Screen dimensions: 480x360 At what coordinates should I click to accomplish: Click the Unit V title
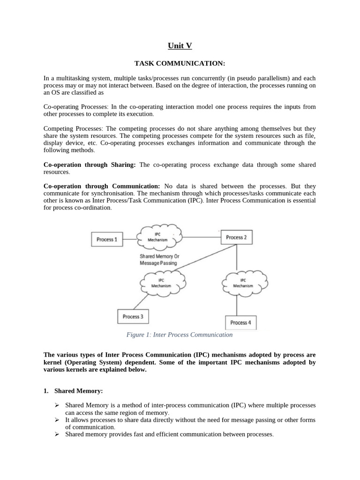(180, 45)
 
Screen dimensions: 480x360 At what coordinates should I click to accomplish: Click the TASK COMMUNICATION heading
(180, 63)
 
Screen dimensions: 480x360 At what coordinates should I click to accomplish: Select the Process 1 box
(107, 240)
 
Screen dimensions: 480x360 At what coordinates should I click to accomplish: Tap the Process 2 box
(236, 238)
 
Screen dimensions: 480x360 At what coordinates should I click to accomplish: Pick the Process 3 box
(133, 317)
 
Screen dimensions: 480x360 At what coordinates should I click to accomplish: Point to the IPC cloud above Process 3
(161, 282)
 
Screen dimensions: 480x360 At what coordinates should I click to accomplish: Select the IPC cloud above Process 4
(243, 282)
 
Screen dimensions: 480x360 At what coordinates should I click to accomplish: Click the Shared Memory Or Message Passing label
(159, 260)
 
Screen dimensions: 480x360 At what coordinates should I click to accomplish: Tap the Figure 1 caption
(180, 335)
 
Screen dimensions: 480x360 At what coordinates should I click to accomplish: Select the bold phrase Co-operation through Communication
(102, 186)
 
